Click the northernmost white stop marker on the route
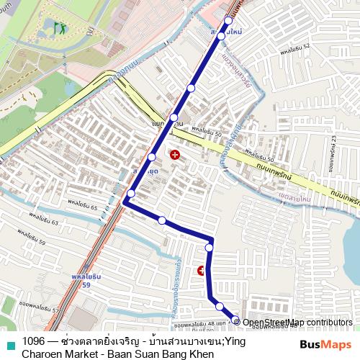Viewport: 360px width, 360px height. (x=228, y=20)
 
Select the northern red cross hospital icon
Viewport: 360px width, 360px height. (x=175, y=154)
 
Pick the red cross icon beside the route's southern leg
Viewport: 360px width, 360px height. (x=201, y=271)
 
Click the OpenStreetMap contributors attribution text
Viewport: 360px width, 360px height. (x=297, y=323)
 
